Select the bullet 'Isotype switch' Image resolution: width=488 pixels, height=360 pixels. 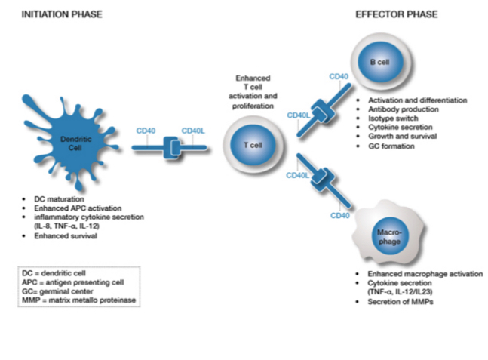pos(390,118)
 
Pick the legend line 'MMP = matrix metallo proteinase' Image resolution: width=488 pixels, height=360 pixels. pos(80,303)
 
